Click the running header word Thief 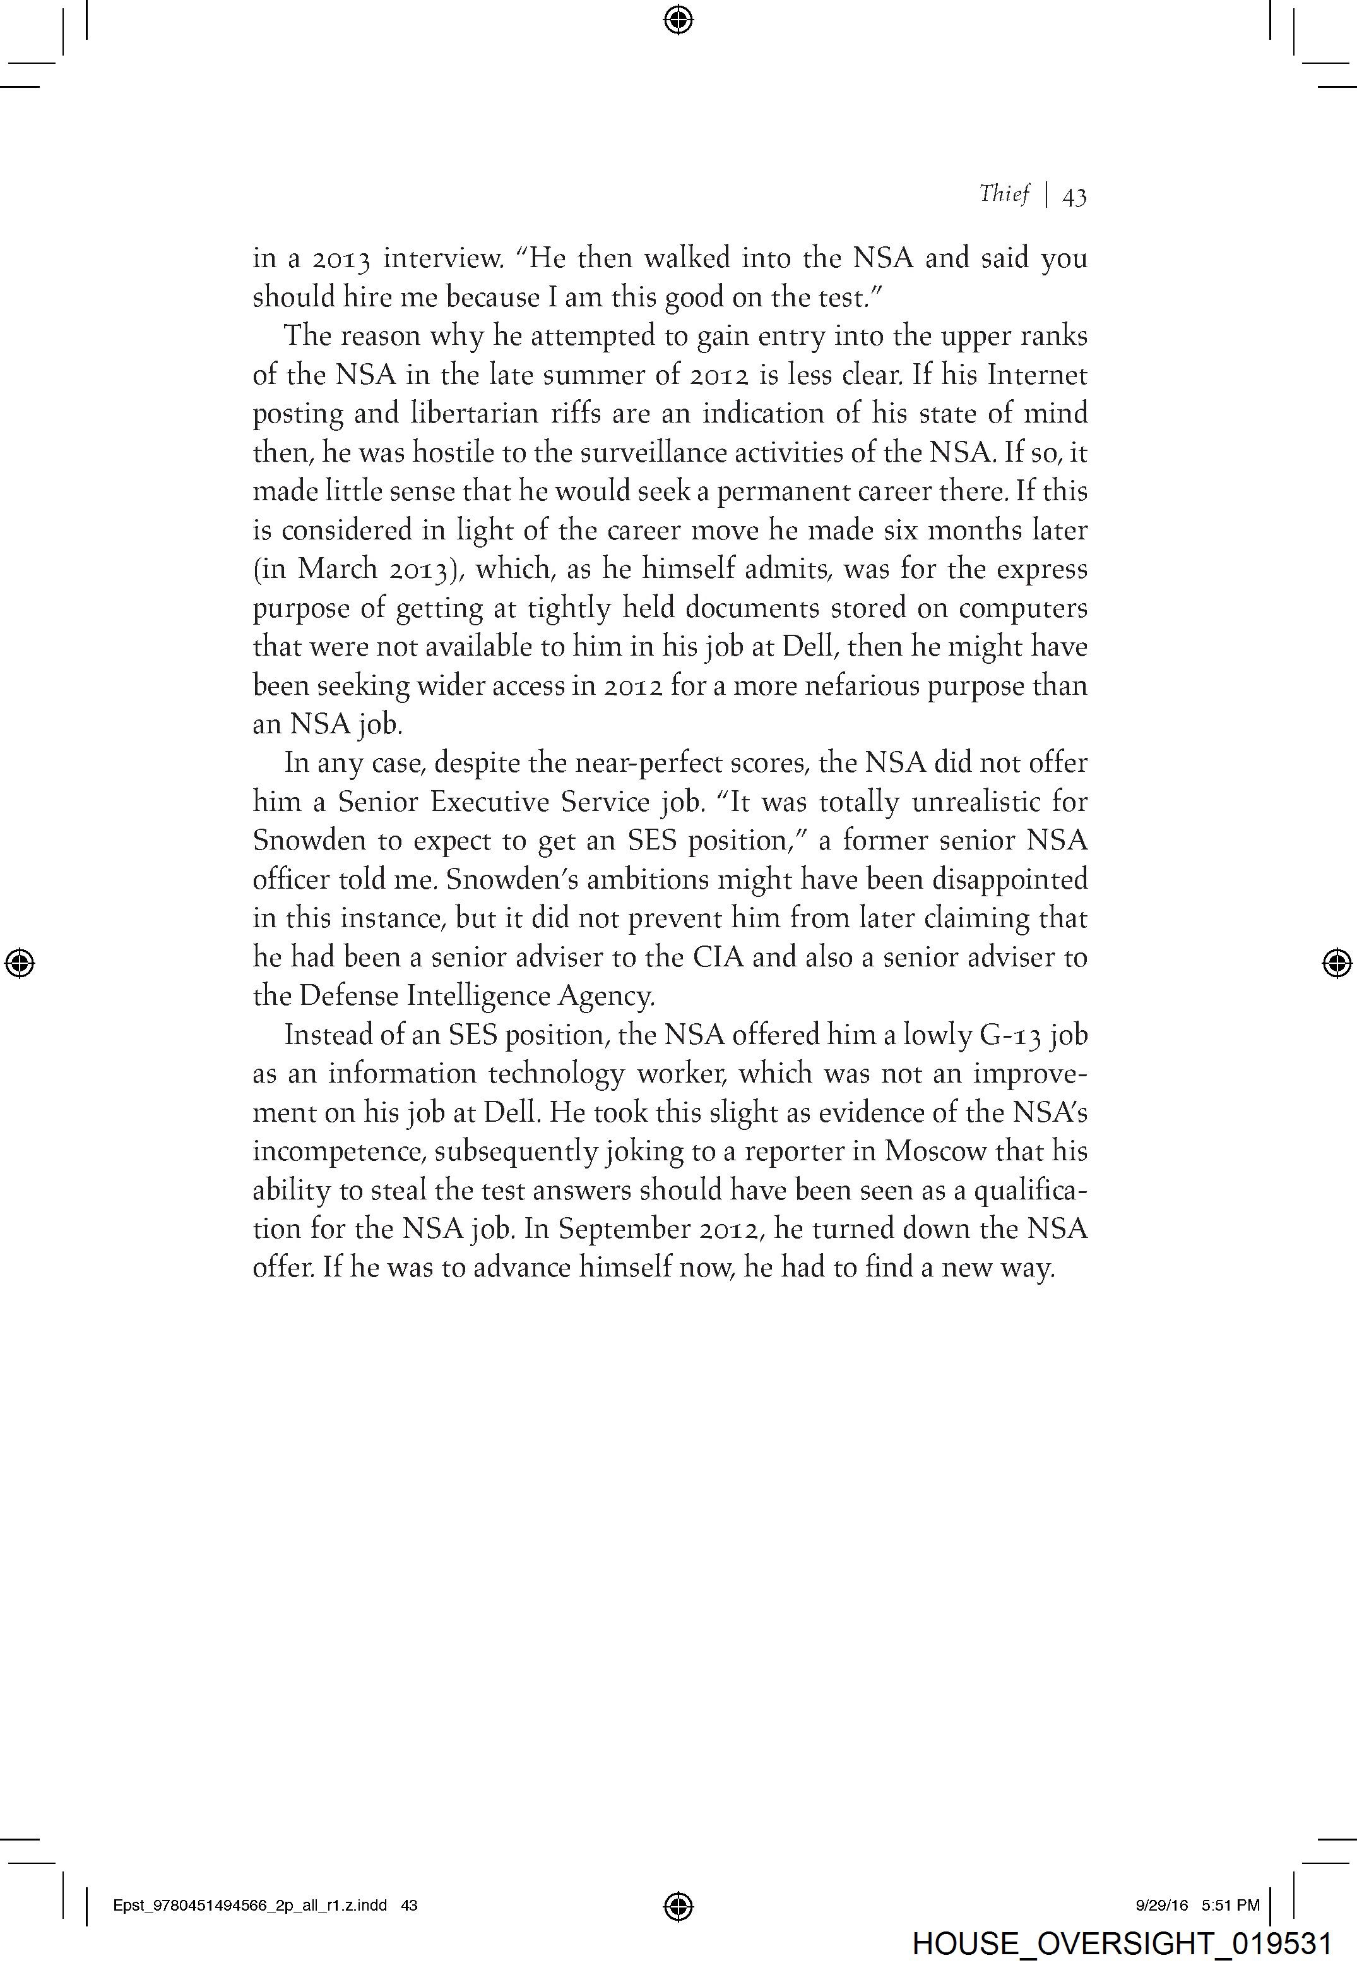pos(1004,195)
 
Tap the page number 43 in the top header pos(1074,197)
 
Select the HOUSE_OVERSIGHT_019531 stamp pos(1121,1943)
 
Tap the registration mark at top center pos(678,19)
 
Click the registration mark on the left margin pos(20,963)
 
